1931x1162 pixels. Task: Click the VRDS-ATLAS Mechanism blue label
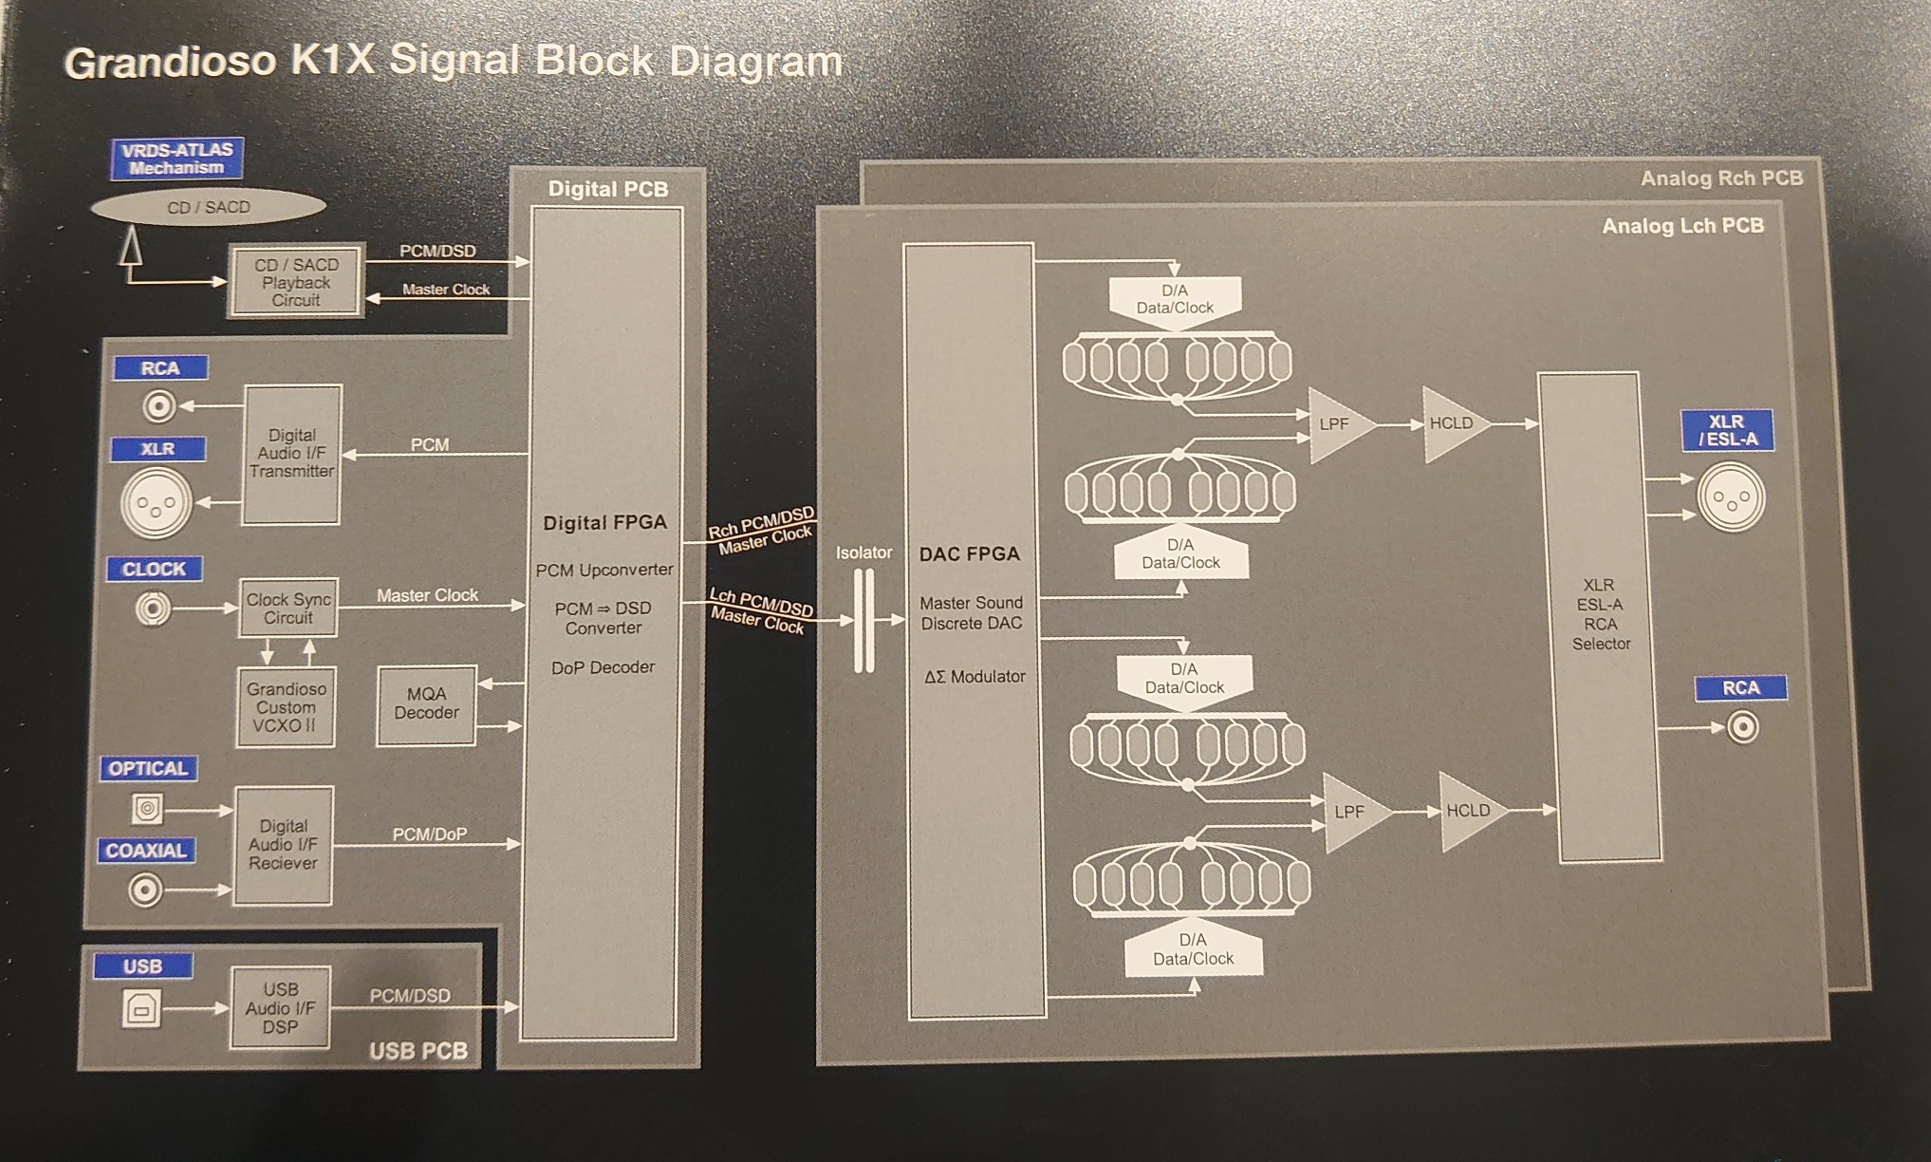click(x=177, y=159)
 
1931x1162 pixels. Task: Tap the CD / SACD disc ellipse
click(x=209, y=207)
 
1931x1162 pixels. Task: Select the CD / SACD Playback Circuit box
click(x=296, y=283)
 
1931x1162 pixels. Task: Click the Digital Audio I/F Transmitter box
click(x=291, y=454)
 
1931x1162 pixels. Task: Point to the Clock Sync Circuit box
click(x=288, y=609)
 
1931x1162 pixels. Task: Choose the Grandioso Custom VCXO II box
click(x=286, y=707)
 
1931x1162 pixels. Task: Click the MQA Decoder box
click(x=426, y=704)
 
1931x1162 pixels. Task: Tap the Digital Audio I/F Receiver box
click(x=283, y=845)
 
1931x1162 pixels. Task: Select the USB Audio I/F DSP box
click(x=280, y=1008)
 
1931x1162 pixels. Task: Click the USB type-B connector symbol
click(x=141, y=1009)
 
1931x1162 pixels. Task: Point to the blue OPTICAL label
click(x=148, y=768)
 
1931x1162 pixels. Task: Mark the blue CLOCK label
click(x=154, y=569)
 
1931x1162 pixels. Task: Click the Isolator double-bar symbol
click(x=863, y=620)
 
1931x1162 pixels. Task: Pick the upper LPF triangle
click(x=1338, y=424)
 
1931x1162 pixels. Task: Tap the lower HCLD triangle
click(x=1467, y=811)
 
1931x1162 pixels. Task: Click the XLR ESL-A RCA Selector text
click(x=1600, y=614)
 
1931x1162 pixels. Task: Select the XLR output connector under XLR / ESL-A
click(x=1731, y=497)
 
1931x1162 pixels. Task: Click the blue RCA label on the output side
click(x=1740, y=688)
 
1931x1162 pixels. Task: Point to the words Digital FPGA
click(x=604, y=523)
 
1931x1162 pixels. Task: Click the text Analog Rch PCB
click(x=1721, y=178)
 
